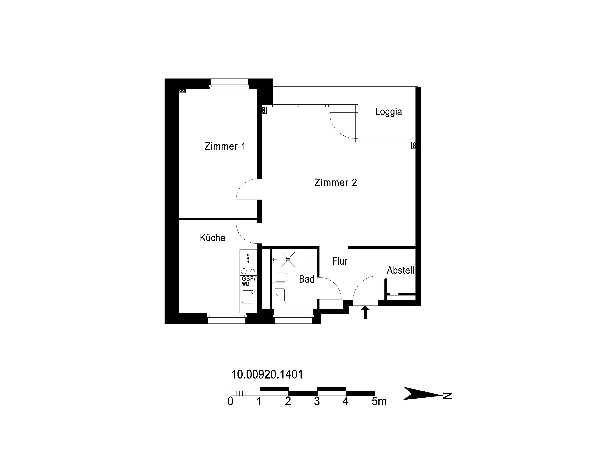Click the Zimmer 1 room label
point(225,146)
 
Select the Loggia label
point(388,112)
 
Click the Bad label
point(307,279)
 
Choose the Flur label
point(340,261)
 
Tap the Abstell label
point(400,270)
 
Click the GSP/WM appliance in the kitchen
point(248,281)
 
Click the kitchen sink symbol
point(248,297)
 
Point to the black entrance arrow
point(365,312)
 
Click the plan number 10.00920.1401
point(267,374)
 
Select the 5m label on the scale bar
point(379,401)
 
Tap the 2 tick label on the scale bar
point(288,401)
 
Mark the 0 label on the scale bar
point(230,401)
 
